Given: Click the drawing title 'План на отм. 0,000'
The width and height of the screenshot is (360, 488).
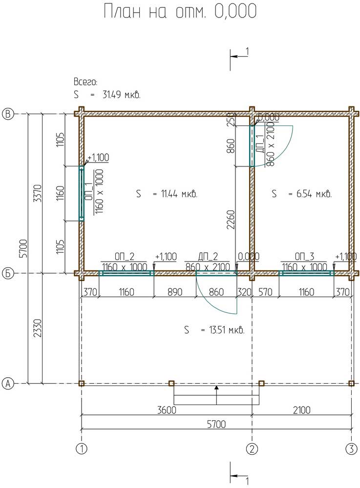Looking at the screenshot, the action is pyautogui.click(x=180, y=12).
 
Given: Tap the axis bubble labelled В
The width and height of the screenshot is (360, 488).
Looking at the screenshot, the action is pyautogui.click(x=8, y=114).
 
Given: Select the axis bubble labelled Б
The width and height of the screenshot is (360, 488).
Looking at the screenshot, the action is pyautogui.click(x=8, y=274).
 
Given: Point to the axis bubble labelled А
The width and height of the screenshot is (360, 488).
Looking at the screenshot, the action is pyautogui.click(x=8, y=384).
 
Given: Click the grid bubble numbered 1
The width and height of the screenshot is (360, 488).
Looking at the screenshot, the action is pyautogui.click(x=82, y=449).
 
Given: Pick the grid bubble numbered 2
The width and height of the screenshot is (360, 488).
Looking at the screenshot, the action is pyautogui.click(x=252, y=449).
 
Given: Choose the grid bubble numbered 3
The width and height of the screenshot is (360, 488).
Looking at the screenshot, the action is pyautogui.click(x=352, y=449).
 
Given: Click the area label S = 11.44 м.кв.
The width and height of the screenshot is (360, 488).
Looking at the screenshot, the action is pyautogui.click(x=167, y=194).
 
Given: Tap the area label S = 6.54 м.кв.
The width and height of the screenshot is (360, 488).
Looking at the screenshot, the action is pyautogui.click(x=301, y=194).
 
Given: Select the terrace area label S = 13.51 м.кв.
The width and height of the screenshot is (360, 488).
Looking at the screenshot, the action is pyautogui.click(x=214, y=329).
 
